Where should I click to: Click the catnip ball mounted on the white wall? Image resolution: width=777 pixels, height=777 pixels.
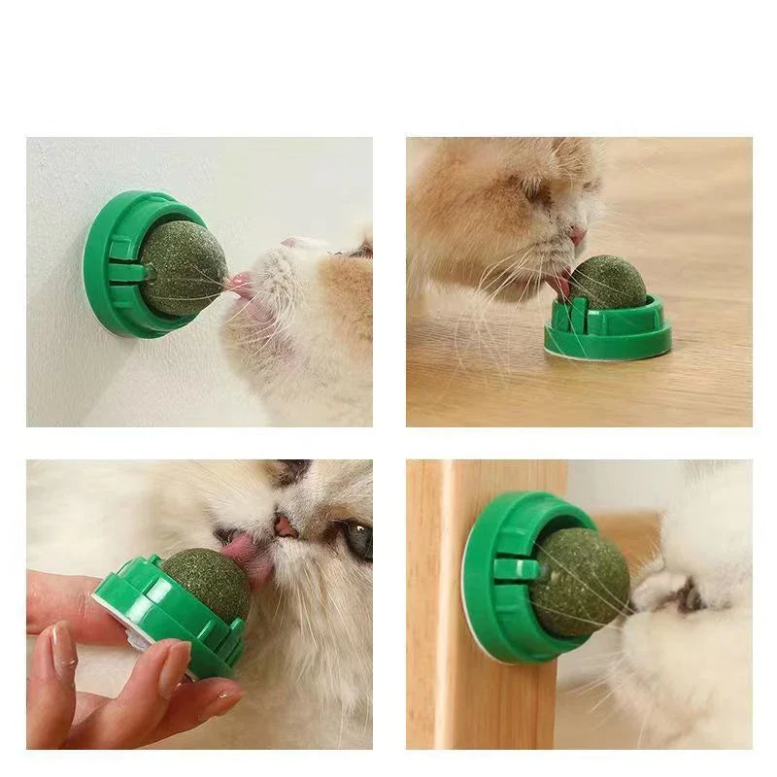[x=183, y=268]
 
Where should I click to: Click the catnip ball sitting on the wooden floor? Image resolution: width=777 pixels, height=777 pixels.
[x=607, y=282]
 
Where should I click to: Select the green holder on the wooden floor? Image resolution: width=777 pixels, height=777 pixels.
[x=607, y=330]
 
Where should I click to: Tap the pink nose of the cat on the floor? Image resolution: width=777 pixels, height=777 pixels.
[x=578, y=235]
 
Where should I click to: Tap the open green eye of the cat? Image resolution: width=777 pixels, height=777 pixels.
[x=357, y=540]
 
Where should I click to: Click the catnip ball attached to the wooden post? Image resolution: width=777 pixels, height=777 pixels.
[x=581, y=583]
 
